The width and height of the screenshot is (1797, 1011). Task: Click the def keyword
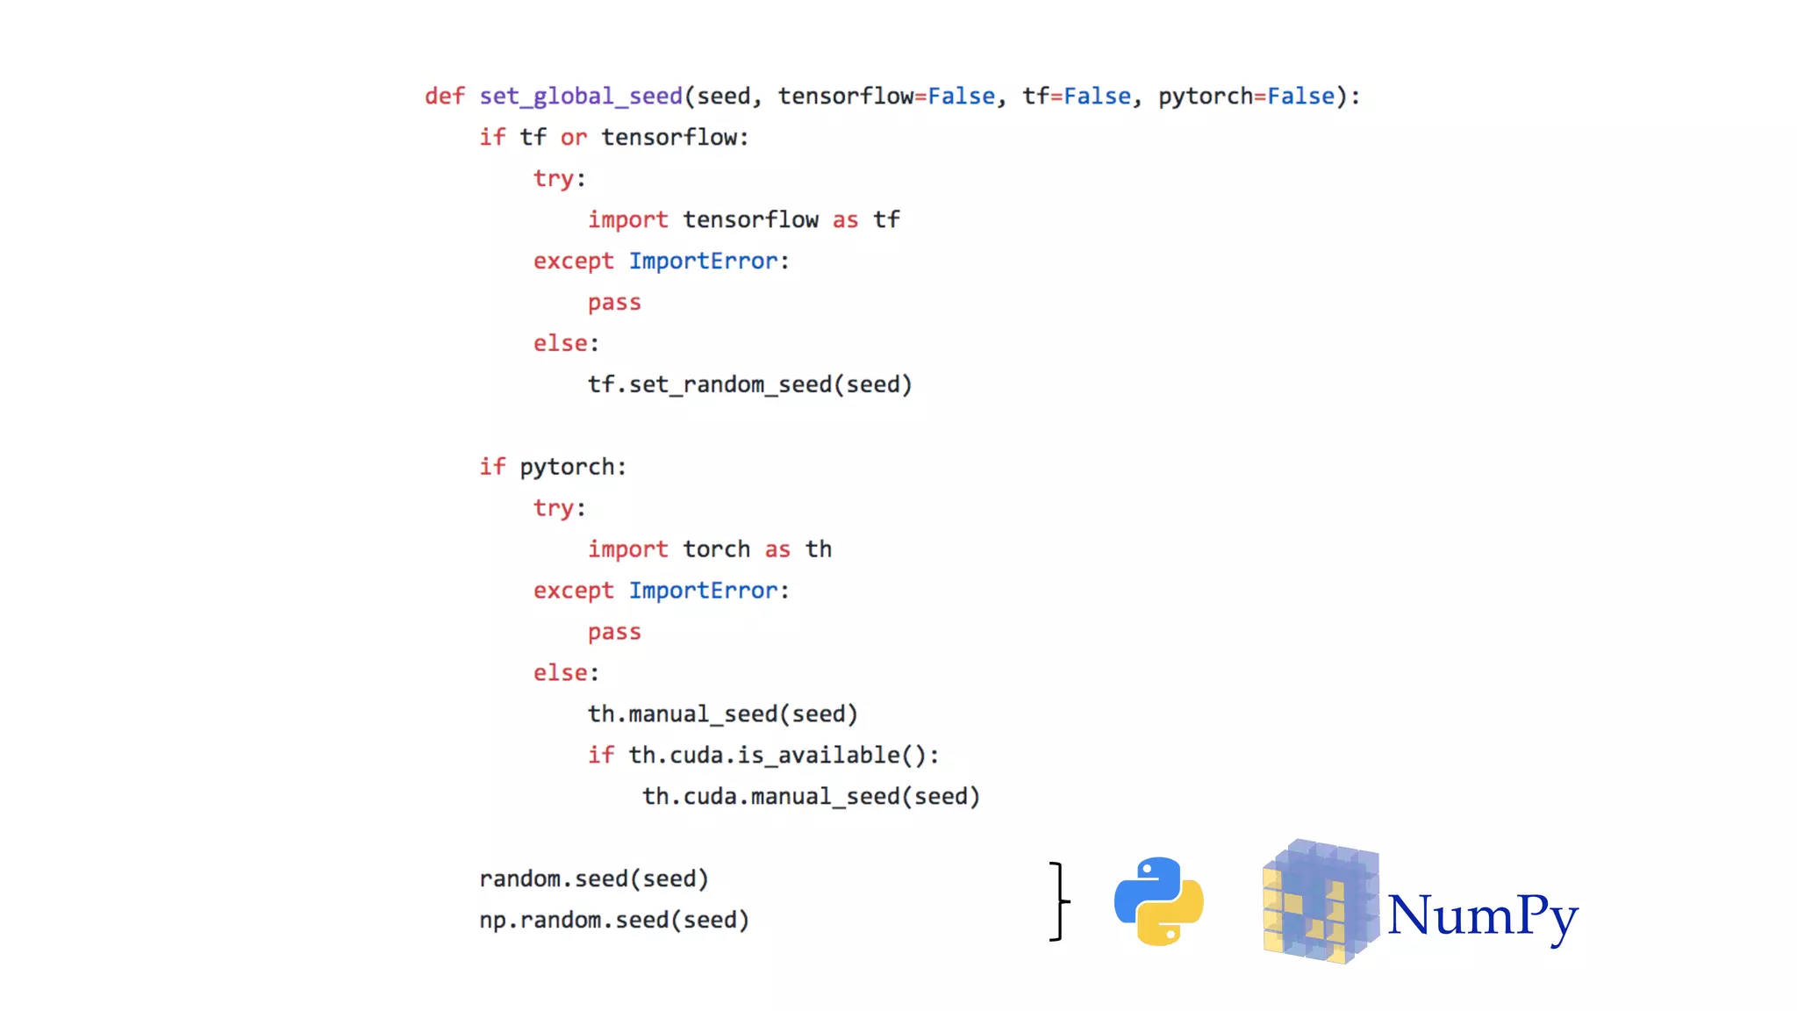[x=445, y=96]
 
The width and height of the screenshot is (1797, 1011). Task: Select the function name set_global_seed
[x=580, y=96]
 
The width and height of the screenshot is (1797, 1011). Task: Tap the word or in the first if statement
[x=573, y=137]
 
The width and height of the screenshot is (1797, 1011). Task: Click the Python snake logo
[x=1158, y=901]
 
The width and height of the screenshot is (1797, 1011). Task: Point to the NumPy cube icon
[x=1320, y=902]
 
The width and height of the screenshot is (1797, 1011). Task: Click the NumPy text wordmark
[x=1482, y=915]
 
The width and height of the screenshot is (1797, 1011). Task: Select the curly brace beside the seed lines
[x=1059, y=901]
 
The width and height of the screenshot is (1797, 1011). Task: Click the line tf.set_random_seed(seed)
[x=749, y=384]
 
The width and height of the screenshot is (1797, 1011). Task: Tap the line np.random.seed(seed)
[x=614, y=920]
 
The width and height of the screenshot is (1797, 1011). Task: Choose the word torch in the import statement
[x=716, y=549]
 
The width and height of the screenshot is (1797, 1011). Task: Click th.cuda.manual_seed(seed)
[x=811, y=796]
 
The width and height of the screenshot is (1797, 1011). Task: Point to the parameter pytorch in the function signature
[x=1205, y=96]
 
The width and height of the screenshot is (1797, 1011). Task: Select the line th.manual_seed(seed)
[x=722, y=713]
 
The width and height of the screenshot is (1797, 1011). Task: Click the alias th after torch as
[x=818, y=549]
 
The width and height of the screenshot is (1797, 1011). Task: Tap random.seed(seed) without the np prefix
[x=594, y=878]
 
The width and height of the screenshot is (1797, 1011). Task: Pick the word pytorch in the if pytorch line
[x=567, y=467]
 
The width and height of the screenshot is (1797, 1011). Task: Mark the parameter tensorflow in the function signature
[x=845, y=96]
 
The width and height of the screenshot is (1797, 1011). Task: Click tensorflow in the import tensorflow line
[x=750, y=219]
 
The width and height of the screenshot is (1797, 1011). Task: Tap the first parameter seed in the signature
[x=723, y=96]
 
